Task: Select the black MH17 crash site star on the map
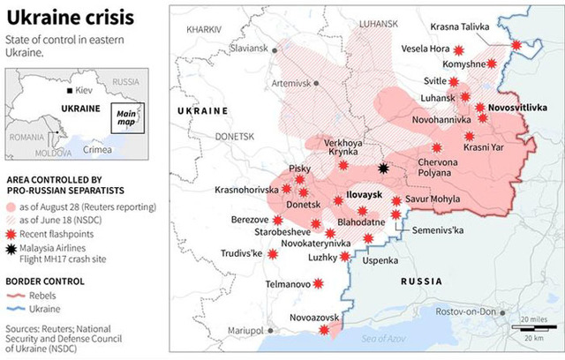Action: click(383, 168)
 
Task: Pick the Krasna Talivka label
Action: click(459, 26)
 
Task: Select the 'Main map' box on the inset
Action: click(127, 116)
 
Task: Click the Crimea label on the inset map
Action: click(97, 150)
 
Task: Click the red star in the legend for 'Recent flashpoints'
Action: click(11, 234)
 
